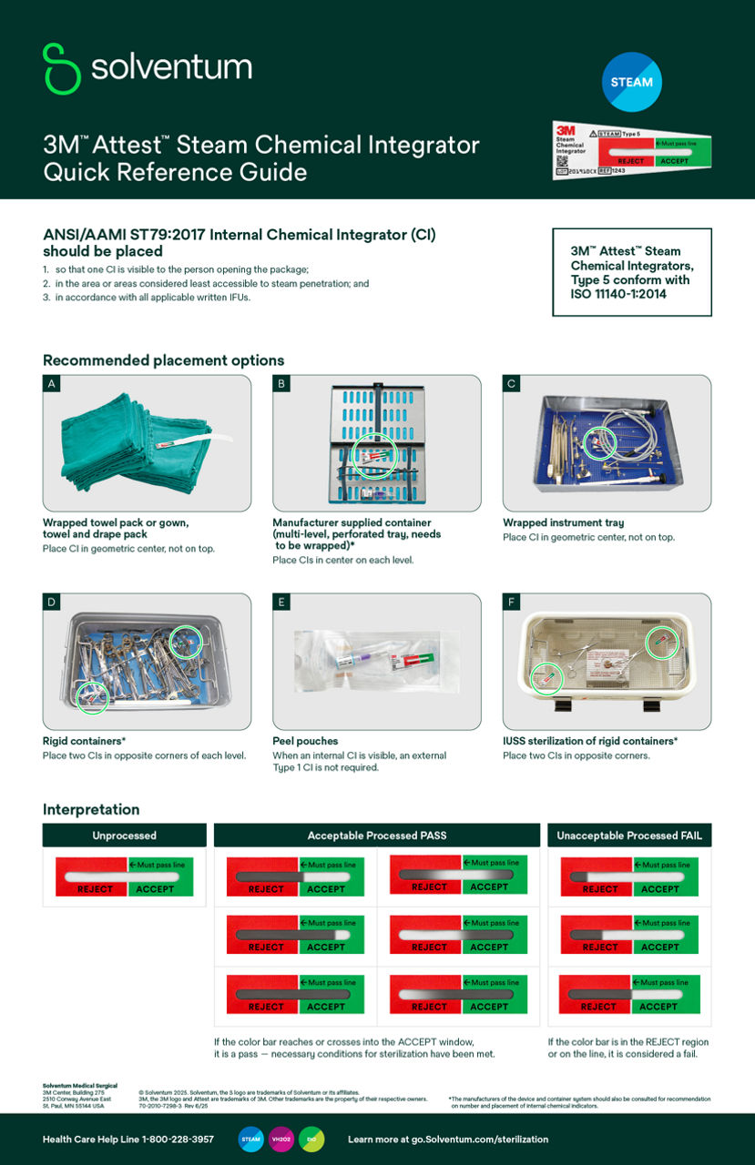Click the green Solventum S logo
tap(61, 68)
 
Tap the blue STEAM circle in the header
tap(631, 82)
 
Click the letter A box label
tap(52, 384)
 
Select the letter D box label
tap(52, 603)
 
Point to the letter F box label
tap(512, 603)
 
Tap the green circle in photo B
tap(373, 453)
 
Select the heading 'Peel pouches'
tap(305, 741)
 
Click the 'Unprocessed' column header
tap(124, 836)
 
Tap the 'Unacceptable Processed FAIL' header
tap(629, 836)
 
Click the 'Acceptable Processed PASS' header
tap(376, 836)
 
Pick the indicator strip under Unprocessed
tap(124, 876)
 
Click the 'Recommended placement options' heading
tap(163, 360)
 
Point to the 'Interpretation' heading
tap(91, 809)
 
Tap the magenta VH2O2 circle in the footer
tap(281, 1139)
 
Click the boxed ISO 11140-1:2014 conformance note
tap(631, 272)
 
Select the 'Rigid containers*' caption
tap(84, 741)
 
